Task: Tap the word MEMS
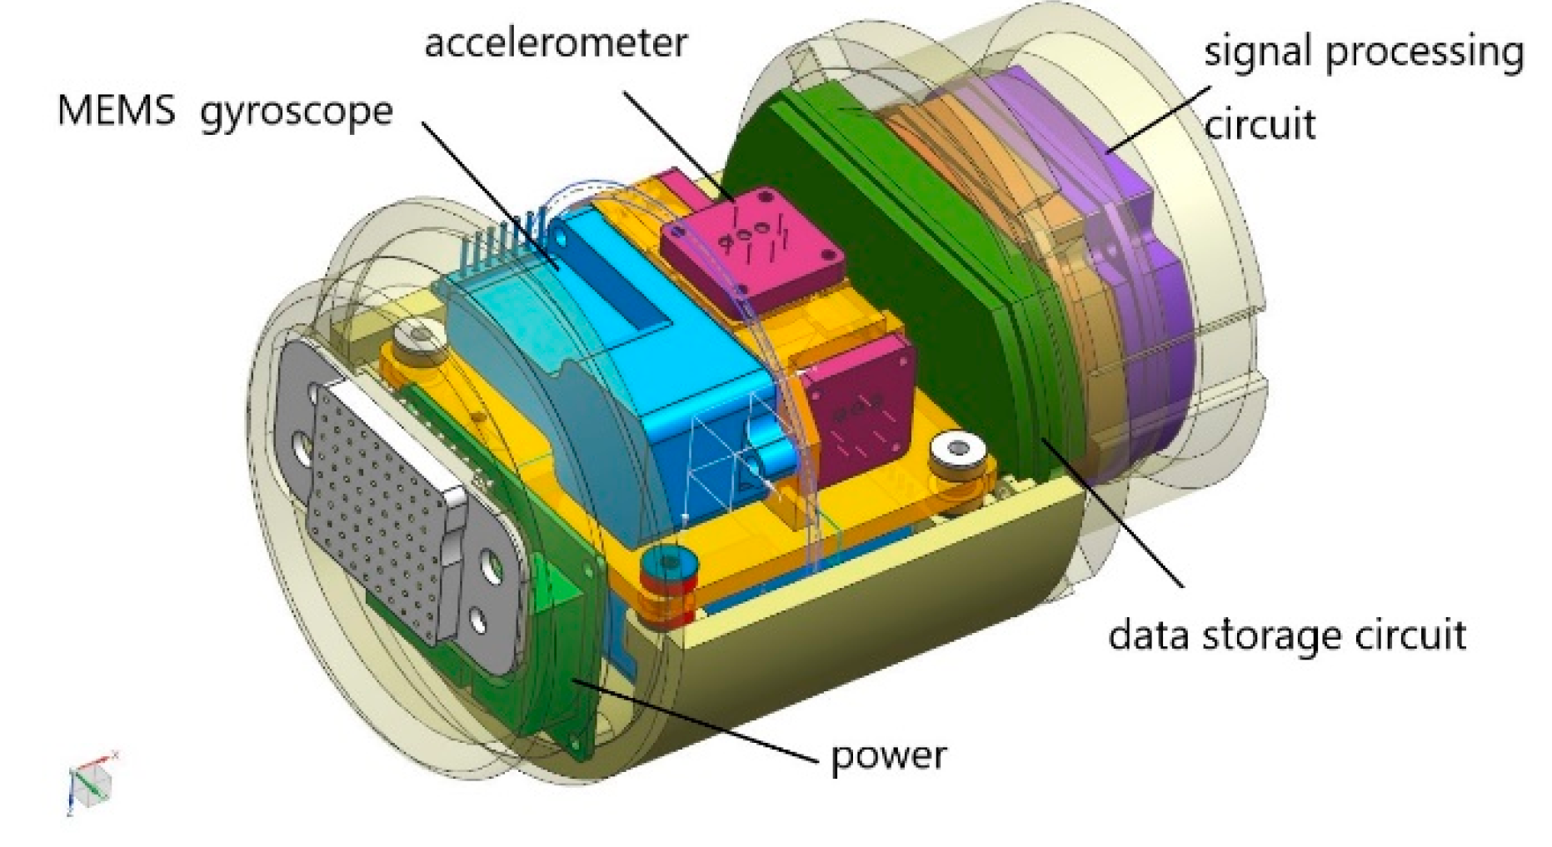116,111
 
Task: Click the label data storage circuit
1286,635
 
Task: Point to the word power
888,756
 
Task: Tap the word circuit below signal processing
1260,125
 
